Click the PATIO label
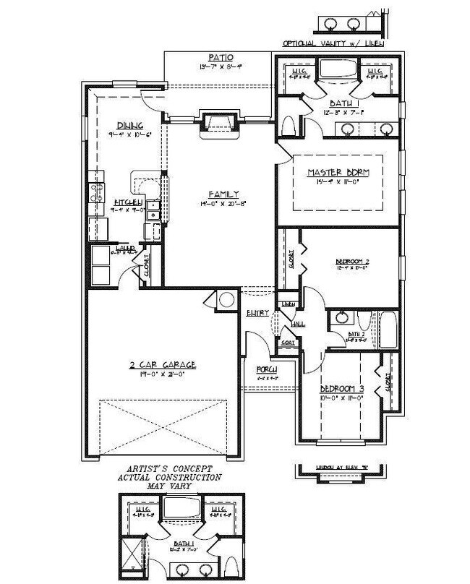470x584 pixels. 220,58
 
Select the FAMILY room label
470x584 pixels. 223,194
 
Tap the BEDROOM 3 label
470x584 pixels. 341,388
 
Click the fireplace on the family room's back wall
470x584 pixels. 219,121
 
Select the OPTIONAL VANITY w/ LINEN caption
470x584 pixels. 333,43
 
